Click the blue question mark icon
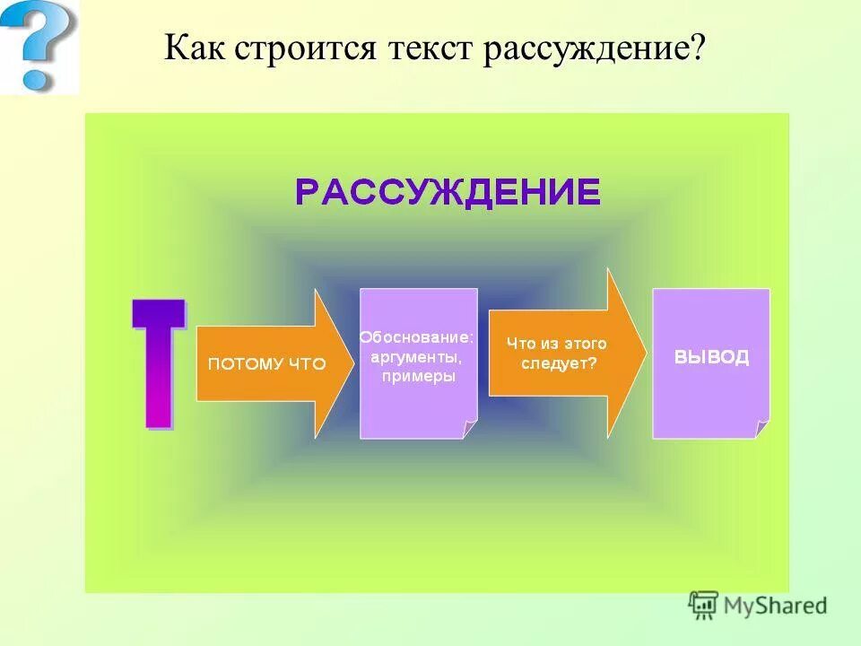tap(38, 45)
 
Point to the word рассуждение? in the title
tap(595, 48)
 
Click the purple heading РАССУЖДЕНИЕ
tap(448, 192)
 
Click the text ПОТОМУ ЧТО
tap(267, 364)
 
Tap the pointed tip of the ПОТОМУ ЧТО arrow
tap(351, 363)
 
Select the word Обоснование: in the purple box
tap(416, 338)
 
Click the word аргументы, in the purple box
tap(418, 357)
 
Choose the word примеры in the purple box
tap(418, 377)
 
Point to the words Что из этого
tap(557, 344)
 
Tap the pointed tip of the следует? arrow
tap(645, 353)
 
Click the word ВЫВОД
tap(711, 357)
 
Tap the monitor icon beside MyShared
tap(703, 604)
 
